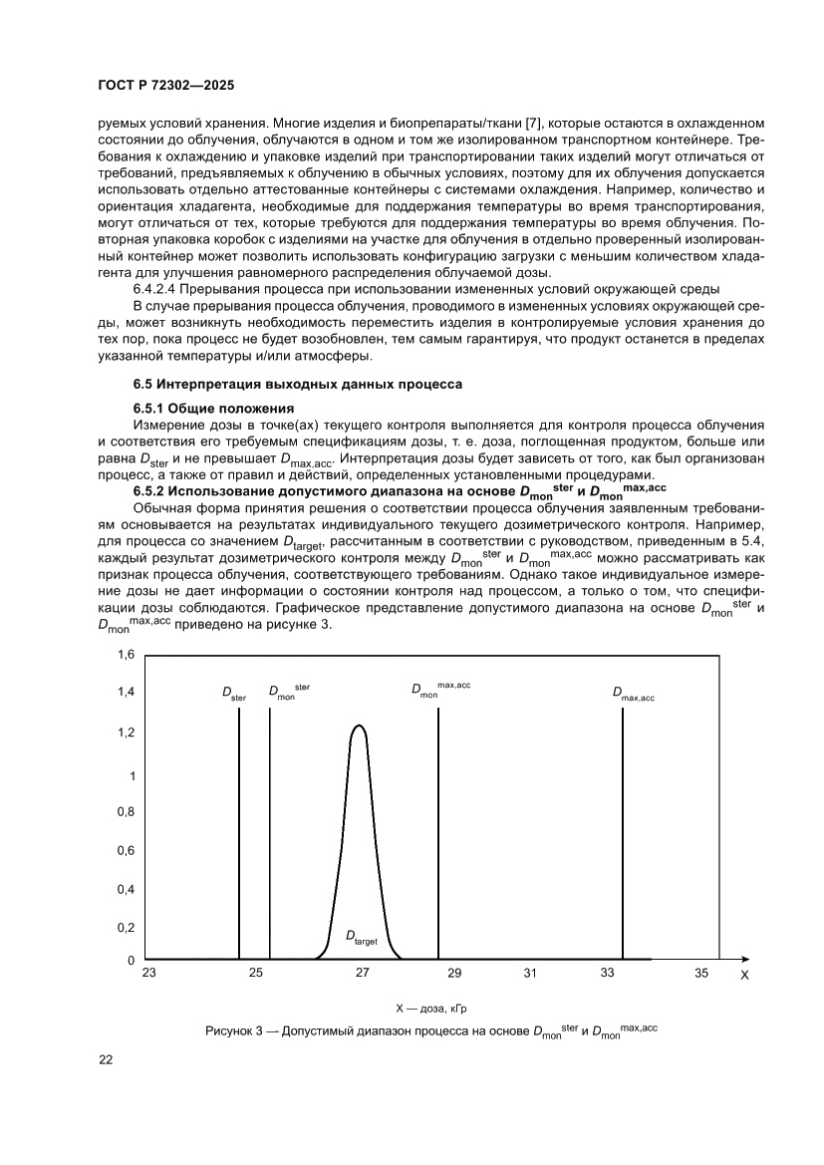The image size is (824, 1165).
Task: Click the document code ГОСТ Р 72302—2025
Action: [166, 86]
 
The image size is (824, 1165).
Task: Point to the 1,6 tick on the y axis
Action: [127, 655]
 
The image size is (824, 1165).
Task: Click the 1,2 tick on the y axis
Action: [127, 732]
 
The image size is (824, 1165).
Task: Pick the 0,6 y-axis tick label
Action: [127, 851]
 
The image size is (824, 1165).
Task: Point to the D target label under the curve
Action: [361, 937]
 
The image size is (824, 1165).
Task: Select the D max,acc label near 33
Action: [634, 695]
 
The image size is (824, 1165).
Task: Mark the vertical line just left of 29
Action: [438, 837]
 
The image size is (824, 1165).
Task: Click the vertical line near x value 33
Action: [623, 837]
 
